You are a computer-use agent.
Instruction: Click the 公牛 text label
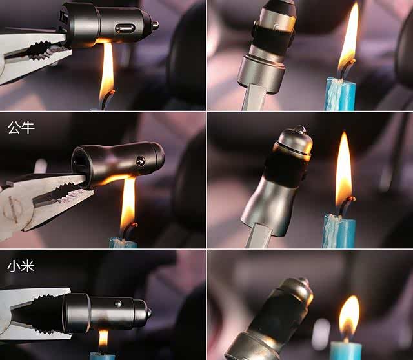click(x=21, y=128)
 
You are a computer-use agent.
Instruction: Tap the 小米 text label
click(x=21, y=266)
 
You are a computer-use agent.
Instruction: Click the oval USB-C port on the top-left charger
click(x=125, y=28)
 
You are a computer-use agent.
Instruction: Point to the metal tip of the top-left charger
click(x=155, y=25)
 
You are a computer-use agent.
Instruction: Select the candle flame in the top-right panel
click(x=348, y=37)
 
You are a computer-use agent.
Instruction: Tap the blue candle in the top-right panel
click(x=339, y=94)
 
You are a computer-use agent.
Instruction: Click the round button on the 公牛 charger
click(x=141, y=161)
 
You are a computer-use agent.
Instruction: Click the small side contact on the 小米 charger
click(x=117, y=304)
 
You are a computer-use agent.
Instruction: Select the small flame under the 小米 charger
click(x=103, y=339)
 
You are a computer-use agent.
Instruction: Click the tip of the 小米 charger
click(x=149, y=313)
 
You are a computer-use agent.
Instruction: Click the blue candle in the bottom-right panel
click(x=346, y=350)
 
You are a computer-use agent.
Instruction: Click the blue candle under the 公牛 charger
click(x=123, y=243)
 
